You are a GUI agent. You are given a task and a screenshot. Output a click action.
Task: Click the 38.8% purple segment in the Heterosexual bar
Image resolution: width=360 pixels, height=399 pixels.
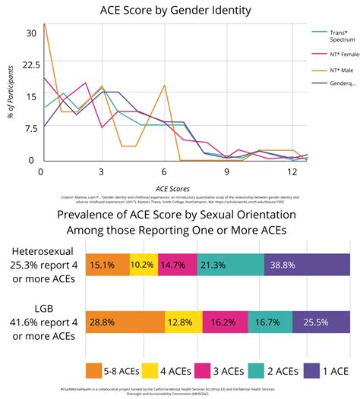(307, 265)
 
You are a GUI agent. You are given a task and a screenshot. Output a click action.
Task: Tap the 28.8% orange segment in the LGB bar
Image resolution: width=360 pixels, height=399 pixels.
(125, 322)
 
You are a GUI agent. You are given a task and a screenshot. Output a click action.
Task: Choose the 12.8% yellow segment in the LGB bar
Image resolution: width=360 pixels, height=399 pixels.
(184, 322)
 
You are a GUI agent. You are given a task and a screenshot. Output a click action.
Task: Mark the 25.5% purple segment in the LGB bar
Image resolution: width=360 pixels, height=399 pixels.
(321, 322)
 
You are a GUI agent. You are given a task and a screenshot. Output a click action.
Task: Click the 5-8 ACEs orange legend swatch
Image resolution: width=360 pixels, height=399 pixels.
(94, 370)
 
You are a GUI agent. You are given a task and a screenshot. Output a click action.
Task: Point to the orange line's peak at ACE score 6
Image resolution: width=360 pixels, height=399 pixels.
(165, 85)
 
